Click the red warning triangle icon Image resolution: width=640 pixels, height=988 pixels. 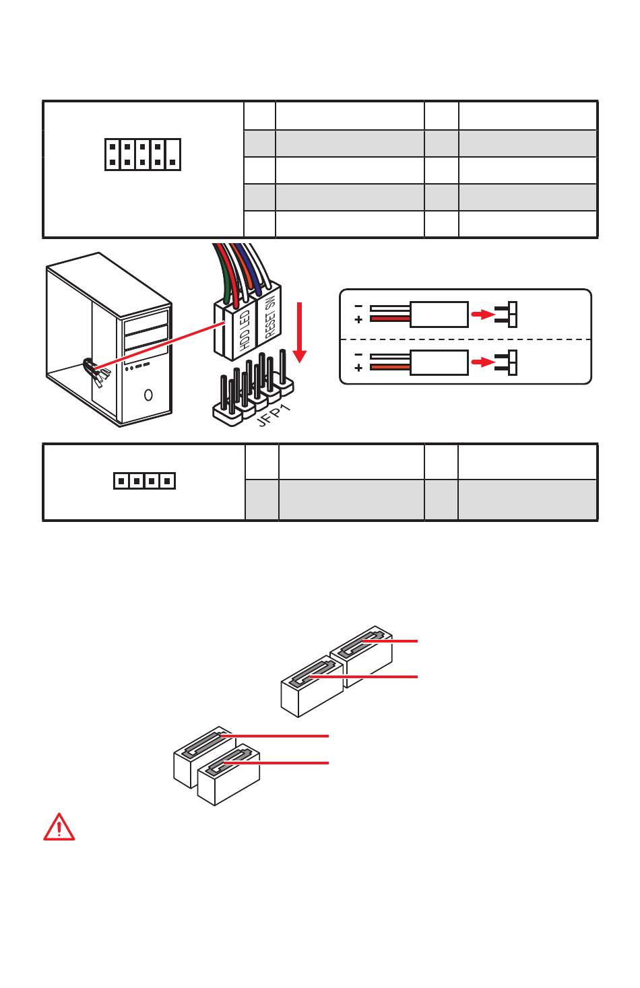(59, 827)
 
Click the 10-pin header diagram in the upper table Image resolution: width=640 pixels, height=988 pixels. (143, 154)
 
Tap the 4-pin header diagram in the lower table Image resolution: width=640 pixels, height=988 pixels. (143, 481)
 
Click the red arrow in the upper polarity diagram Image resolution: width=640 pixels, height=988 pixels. (481, 313)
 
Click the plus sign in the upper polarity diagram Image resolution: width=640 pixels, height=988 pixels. (358, 319)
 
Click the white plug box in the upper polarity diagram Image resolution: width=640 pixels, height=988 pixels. (439, 314)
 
